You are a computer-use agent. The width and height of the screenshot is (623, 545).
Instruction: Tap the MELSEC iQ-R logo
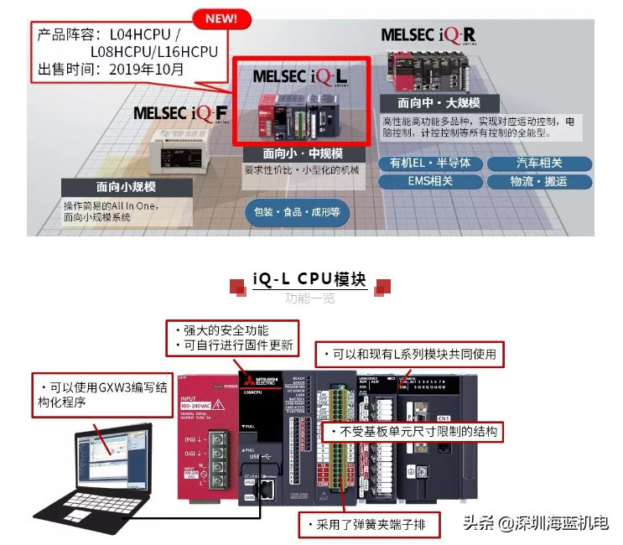point(428,34)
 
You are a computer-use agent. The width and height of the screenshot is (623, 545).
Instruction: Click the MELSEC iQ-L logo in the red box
point(299,75)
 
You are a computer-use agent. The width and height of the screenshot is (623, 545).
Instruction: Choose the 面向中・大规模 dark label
point(439,103)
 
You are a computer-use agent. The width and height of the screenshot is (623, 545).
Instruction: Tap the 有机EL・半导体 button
point(430,163)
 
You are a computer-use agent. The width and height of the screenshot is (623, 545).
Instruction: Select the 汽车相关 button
point(539,163)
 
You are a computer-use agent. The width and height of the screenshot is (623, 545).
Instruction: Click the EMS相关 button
point(430,181)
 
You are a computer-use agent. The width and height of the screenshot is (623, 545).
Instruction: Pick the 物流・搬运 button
point(539,181)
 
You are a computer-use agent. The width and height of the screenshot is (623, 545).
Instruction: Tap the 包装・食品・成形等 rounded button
point(297,212)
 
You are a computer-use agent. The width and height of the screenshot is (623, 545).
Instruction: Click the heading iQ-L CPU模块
point(309,279)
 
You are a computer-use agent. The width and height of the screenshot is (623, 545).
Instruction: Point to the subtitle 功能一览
point(309,298)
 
